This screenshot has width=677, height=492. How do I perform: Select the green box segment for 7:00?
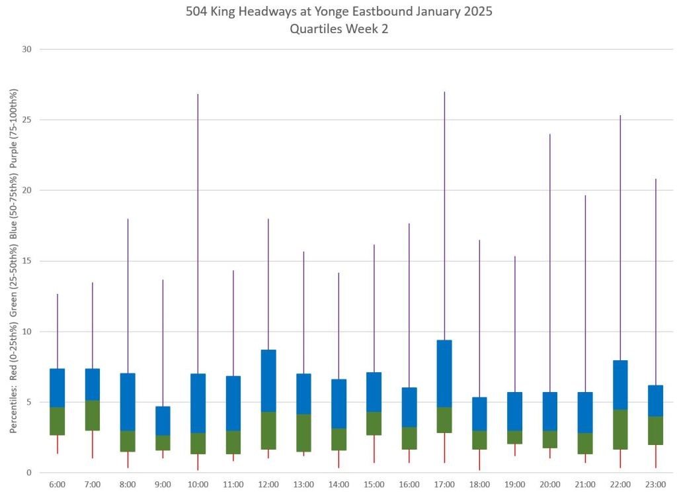pyautogui.click(x=93, y=415)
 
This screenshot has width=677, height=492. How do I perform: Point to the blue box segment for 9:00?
pyautogui.click(x=163, y=420)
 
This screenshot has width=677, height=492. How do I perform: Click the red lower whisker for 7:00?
pyautogui.click(x=93, y=444)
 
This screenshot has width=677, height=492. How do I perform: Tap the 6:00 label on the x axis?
pyautogui.click(x=58, y=484)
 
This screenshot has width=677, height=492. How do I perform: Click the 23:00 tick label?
pyautogui.click(x=655, y=484)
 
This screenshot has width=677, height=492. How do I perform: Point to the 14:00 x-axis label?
pyautogui.click(x=338, y=484)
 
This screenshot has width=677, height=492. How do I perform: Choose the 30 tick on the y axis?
pyautogui.click(x=27, y=49)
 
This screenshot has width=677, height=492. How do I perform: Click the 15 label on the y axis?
pyautogui.click(x=27, y=261)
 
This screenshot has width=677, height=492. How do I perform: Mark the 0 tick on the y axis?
pyautogui.click(x=30, y=472)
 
